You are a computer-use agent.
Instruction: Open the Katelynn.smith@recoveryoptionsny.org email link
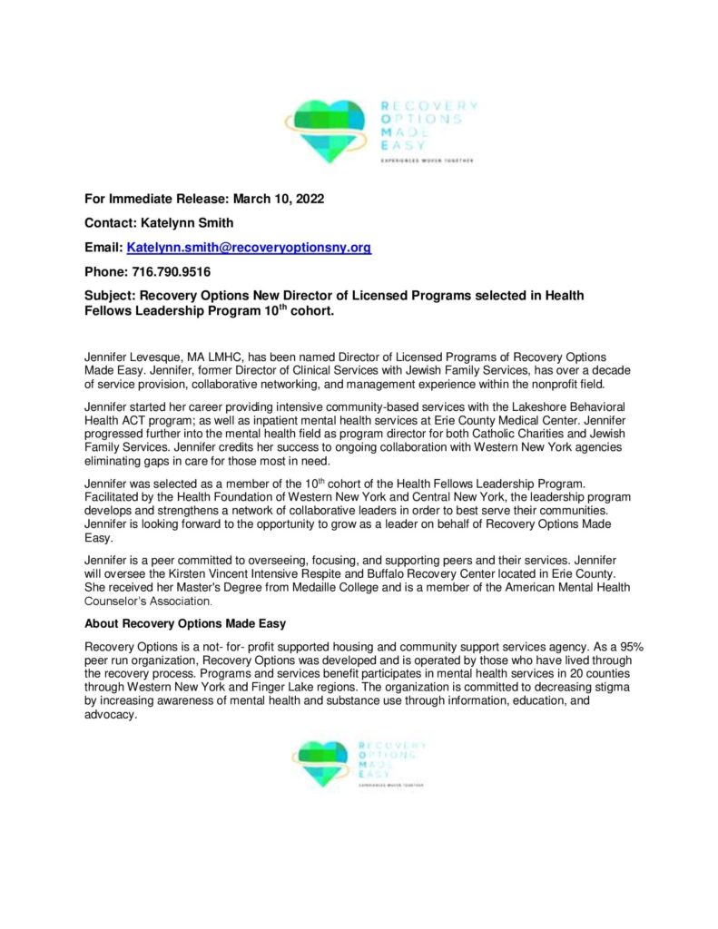coord(249,248)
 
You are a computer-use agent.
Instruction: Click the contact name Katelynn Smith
coord(193,223)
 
